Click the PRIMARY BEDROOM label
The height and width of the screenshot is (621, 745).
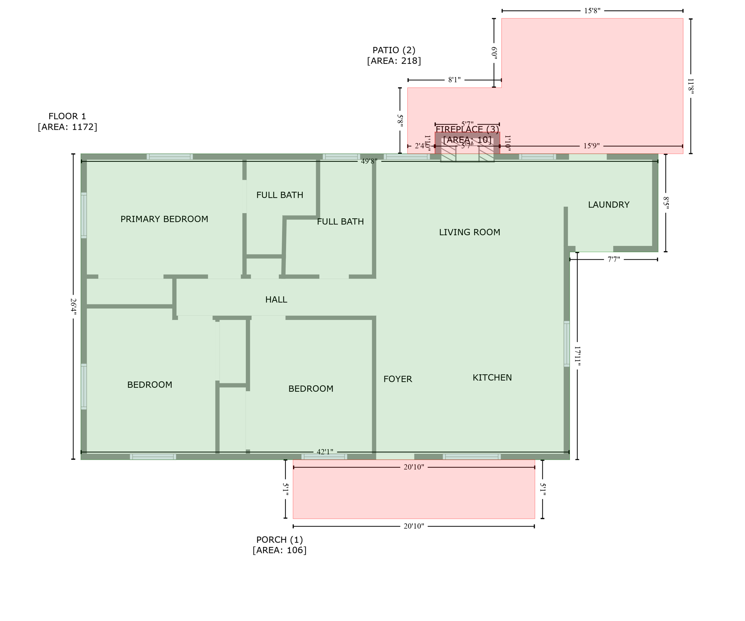(164, 219)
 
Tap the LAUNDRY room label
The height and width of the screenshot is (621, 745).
(608, 205)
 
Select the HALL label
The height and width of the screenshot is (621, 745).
(276, 300)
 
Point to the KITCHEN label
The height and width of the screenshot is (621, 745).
(492, 378)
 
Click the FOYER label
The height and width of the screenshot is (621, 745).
(397, 379)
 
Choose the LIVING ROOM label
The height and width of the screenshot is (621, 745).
(469, 232)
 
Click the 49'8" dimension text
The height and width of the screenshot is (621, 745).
(369, 161)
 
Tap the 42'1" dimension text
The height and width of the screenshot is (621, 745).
(325, 452)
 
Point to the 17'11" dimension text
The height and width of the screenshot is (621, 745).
(577, 356)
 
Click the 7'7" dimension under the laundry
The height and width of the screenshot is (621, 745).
(614, 260)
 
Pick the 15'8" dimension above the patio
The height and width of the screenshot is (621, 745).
(592, 11)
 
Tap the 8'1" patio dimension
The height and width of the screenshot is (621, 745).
(454, 80)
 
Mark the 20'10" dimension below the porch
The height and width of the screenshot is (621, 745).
(414, 526)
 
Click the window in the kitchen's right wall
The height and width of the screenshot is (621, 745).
(567, 344)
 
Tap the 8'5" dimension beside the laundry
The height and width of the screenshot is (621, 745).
(666, 203)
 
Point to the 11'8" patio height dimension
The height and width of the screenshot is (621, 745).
(691, 87)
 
